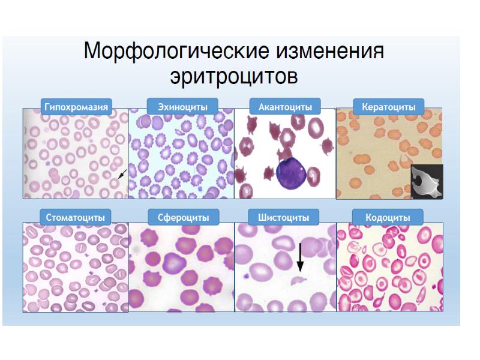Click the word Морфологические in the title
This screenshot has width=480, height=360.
176,50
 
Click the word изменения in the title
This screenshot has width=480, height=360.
330,50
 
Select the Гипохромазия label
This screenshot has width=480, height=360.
76,107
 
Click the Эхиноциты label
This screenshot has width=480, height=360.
183,107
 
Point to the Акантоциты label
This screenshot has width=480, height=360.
286,107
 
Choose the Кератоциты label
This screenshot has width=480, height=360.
389,107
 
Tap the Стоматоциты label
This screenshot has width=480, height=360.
76,217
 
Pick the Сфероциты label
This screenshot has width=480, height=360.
184,217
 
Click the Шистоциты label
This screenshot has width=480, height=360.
283,217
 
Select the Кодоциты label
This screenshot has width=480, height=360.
388,217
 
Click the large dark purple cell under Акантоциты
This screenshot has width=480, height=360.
291,173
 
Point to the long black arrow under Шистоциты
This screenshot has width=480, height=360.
301,257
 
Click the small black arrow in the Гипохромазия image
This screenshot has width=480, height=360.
122,174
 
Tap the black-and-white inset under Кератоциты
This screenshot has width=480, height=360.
427,182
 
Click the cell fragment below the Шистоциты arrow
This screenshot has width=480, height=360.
298,280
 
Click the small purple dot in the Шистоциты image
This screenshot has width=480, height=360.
245,276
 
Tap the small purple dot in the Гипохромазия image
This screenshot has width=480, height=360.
47,164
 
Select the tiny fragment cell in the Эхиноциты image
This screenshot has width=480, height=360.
179,132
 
